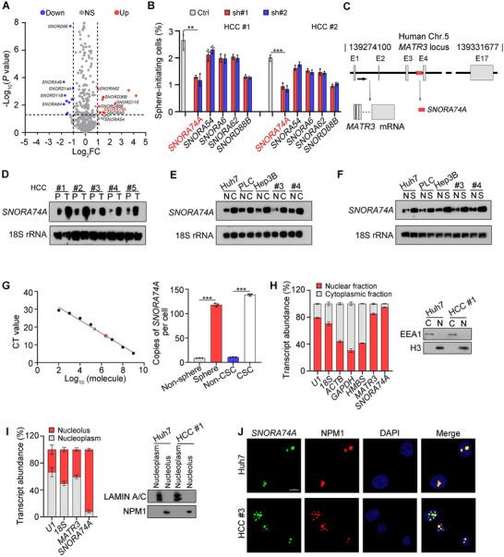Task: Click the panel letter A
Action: [x=6, y=6]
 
